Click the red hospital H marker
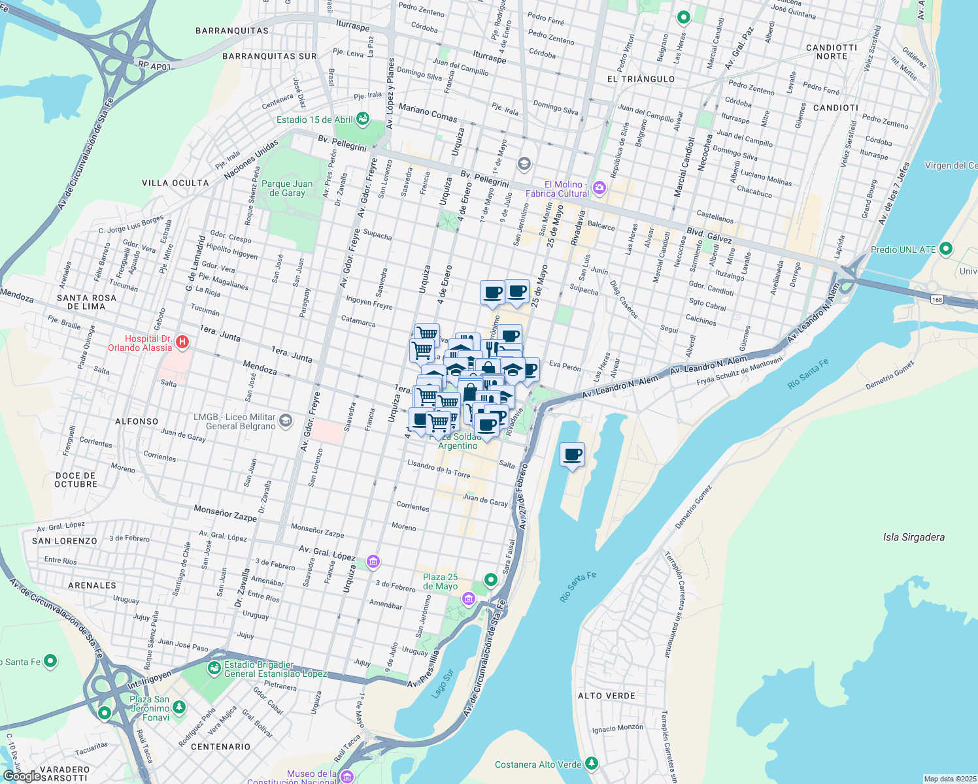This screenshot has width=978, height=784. [x=183, y=341]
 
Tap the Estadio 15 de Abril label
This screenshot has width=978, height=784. [x=314, y=120]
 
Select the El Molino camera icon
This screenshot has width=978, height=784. [x=599, y=188]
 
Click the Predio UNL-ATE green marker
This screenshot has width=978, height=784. [x=945, y=249]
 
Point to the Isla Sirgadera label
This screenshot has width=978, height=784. [x=913, y=537]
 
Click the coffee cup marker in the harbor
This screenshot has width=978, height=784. [x=573, y=455]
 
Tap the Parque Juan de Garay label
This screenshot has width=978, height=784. [x=287, y=188]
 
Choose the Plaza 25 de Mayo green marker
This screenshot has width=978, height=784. [x=490, y=580]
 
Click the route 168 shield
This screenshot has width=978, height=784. [x=938, y=300]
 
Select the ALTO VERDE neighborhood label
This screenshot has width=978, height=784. [x=606, y=696]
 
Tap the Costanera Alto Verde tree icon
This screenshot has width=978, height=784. [x=591, y=763]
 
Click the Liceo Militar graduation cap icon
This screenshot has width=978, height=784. [x=285, y=421]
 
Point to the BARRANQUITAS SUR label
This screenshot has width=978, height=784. [x=269, y=56]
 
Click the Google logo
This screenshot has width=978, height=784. [x=22, y=776]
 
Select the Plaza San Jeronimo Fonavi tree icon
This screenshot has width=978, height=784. [x=178, y=708]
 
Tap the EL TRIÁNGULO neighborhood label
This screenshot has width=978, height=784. [x=641, y=79]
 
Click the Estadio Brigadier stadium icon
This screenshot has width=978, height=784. [x=214, y=668]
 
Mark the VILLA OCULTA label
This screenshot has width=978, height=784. [x=175, y=183]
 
